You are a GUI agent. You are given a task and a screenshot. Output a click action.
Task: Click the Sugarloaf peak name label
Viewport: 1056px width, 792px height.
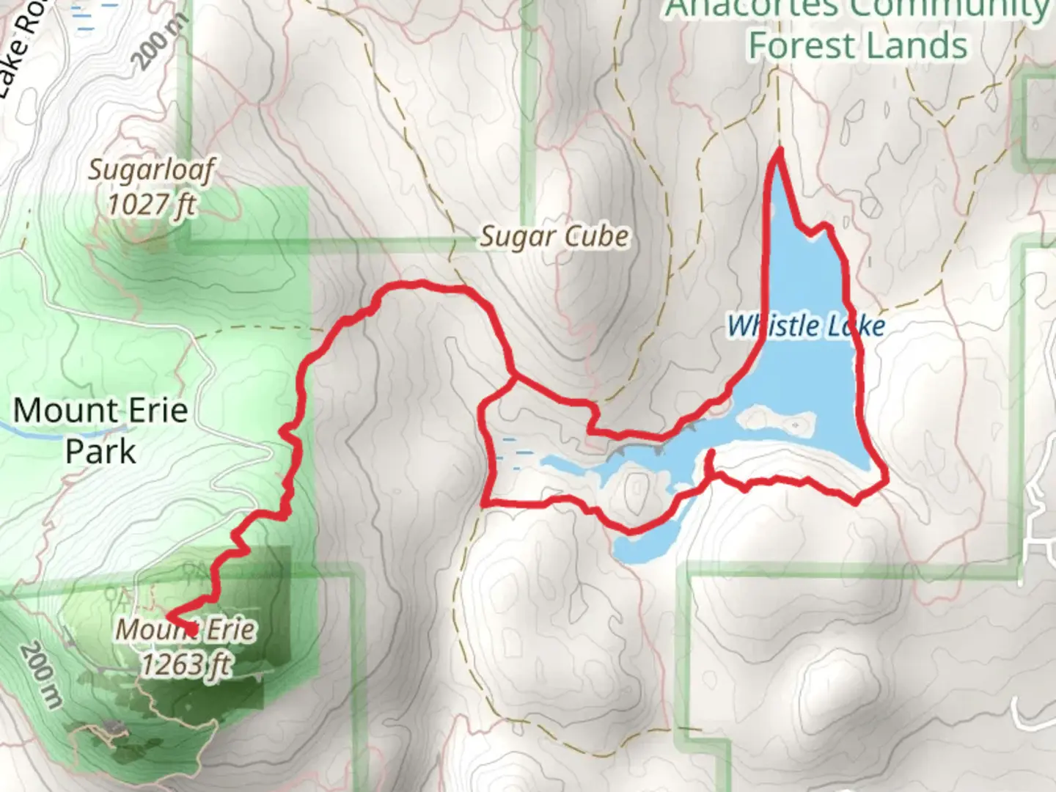click(x=151, y=170)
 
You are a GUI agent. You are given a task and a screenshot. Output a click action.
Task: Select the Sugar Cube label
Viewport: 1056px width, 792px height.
click(x=554, y=237)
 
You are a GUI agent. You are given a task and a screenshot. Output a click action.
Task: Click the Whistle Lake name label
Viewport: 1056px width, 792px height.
click(x=806, y=326)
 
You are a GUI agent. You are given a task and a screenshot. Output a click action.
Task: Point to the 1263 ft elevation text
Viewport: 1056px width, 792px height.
click(x=186, y=664)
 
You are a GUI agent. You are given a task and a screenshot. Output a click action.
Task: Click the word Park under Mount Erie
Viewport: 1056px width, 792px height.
click(x=100, y=451)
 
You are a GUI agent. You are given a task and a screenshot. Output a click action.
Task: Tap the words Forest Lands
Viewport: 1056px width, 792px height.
click(x=857, y=45)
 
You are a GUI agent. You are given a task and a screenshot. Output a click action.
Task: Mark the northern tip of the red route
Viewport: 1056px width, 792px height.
click(x=778, y=150)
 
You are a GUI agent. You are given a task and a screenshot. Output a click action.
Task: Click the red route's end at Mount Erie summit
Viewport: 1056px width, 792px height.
click(x=191, y=631)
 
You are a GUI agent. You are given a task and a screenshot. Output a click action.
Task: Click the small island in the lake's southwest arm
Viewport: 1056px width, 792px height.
click(x=635, y=487)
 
